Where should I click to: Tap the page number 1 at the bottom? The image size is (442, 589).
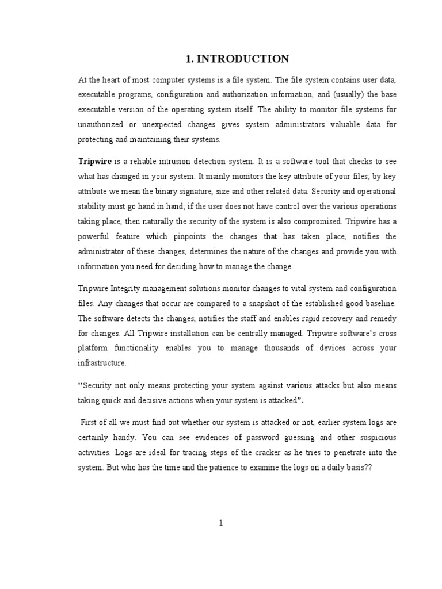point(220,522)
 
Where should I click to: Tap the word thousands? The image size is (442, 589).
point(285,349)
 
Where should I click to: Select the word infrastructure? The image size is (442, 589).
point(101,364)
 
